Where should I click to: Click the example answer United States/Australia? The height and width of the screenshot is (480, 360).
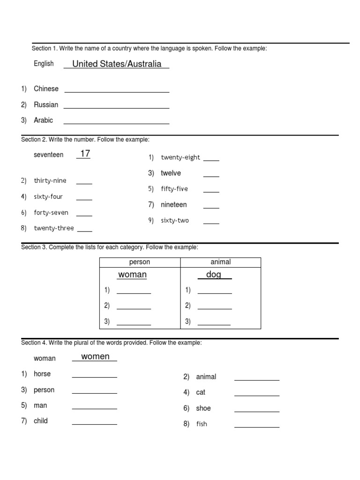pyautogui.click(x=117, y=64)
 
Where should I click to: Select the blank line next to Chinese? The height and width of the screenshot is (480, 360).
pyautogui.click(x=117, y=91)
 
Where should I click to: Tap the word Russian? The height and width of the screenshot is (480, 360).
pyautogui.click(x=46, y=105)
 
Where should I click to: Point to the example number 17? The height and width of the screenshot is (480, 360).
pyautogui.click(x=84, y=154)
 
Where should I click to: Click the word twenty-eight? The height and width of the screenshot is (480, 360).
pyautogui.click(x=180, y=157)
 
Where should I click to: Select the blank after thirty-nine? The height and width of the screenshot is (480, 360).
pyautogui.click(x=84, y=183)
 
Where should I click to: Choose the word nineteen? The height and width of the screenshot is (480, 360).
pyautogui.click(x=173, y=205)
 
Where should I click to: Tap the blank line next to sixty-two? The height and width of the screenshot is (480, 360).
pyautogui.click(x=211, y=223)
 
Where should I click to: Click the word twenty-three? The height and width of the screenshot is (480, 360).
pyautogui.click(x=54, y=229)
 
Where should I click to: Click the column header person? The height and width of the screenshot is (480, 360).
pyautogui.click(x=140, y=262)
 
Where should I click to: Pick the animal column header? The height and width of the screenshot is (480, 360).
pyautogui.click(x=220, y=262)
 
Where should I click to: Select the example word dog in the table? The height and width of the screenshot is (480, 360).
pyautogui.click(x=214, y=275)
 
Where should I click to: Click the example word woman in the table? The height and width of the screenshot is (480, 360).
pyautogui.click(x=132, y=275)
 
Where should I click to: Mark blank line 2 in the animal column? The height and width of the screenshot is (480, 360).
pyautogui.click(x=215, y=308)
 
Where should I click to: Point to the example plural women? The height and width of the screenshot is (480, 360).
pyautogui.click(x=95, y=357)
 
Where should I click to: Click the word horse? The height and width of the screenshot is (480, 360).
pyautogui.click(x=42, y=374)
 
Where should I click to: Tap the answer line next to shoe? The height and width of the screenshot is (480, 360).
pyautogui.click(x=256, y=411)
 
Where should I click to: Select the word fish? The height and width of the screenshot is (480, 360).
pyautogui.click(x=202, y=424)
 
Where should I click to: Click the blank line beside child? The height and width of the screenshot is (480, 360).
pyautogui.click(x=94, y=423)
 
